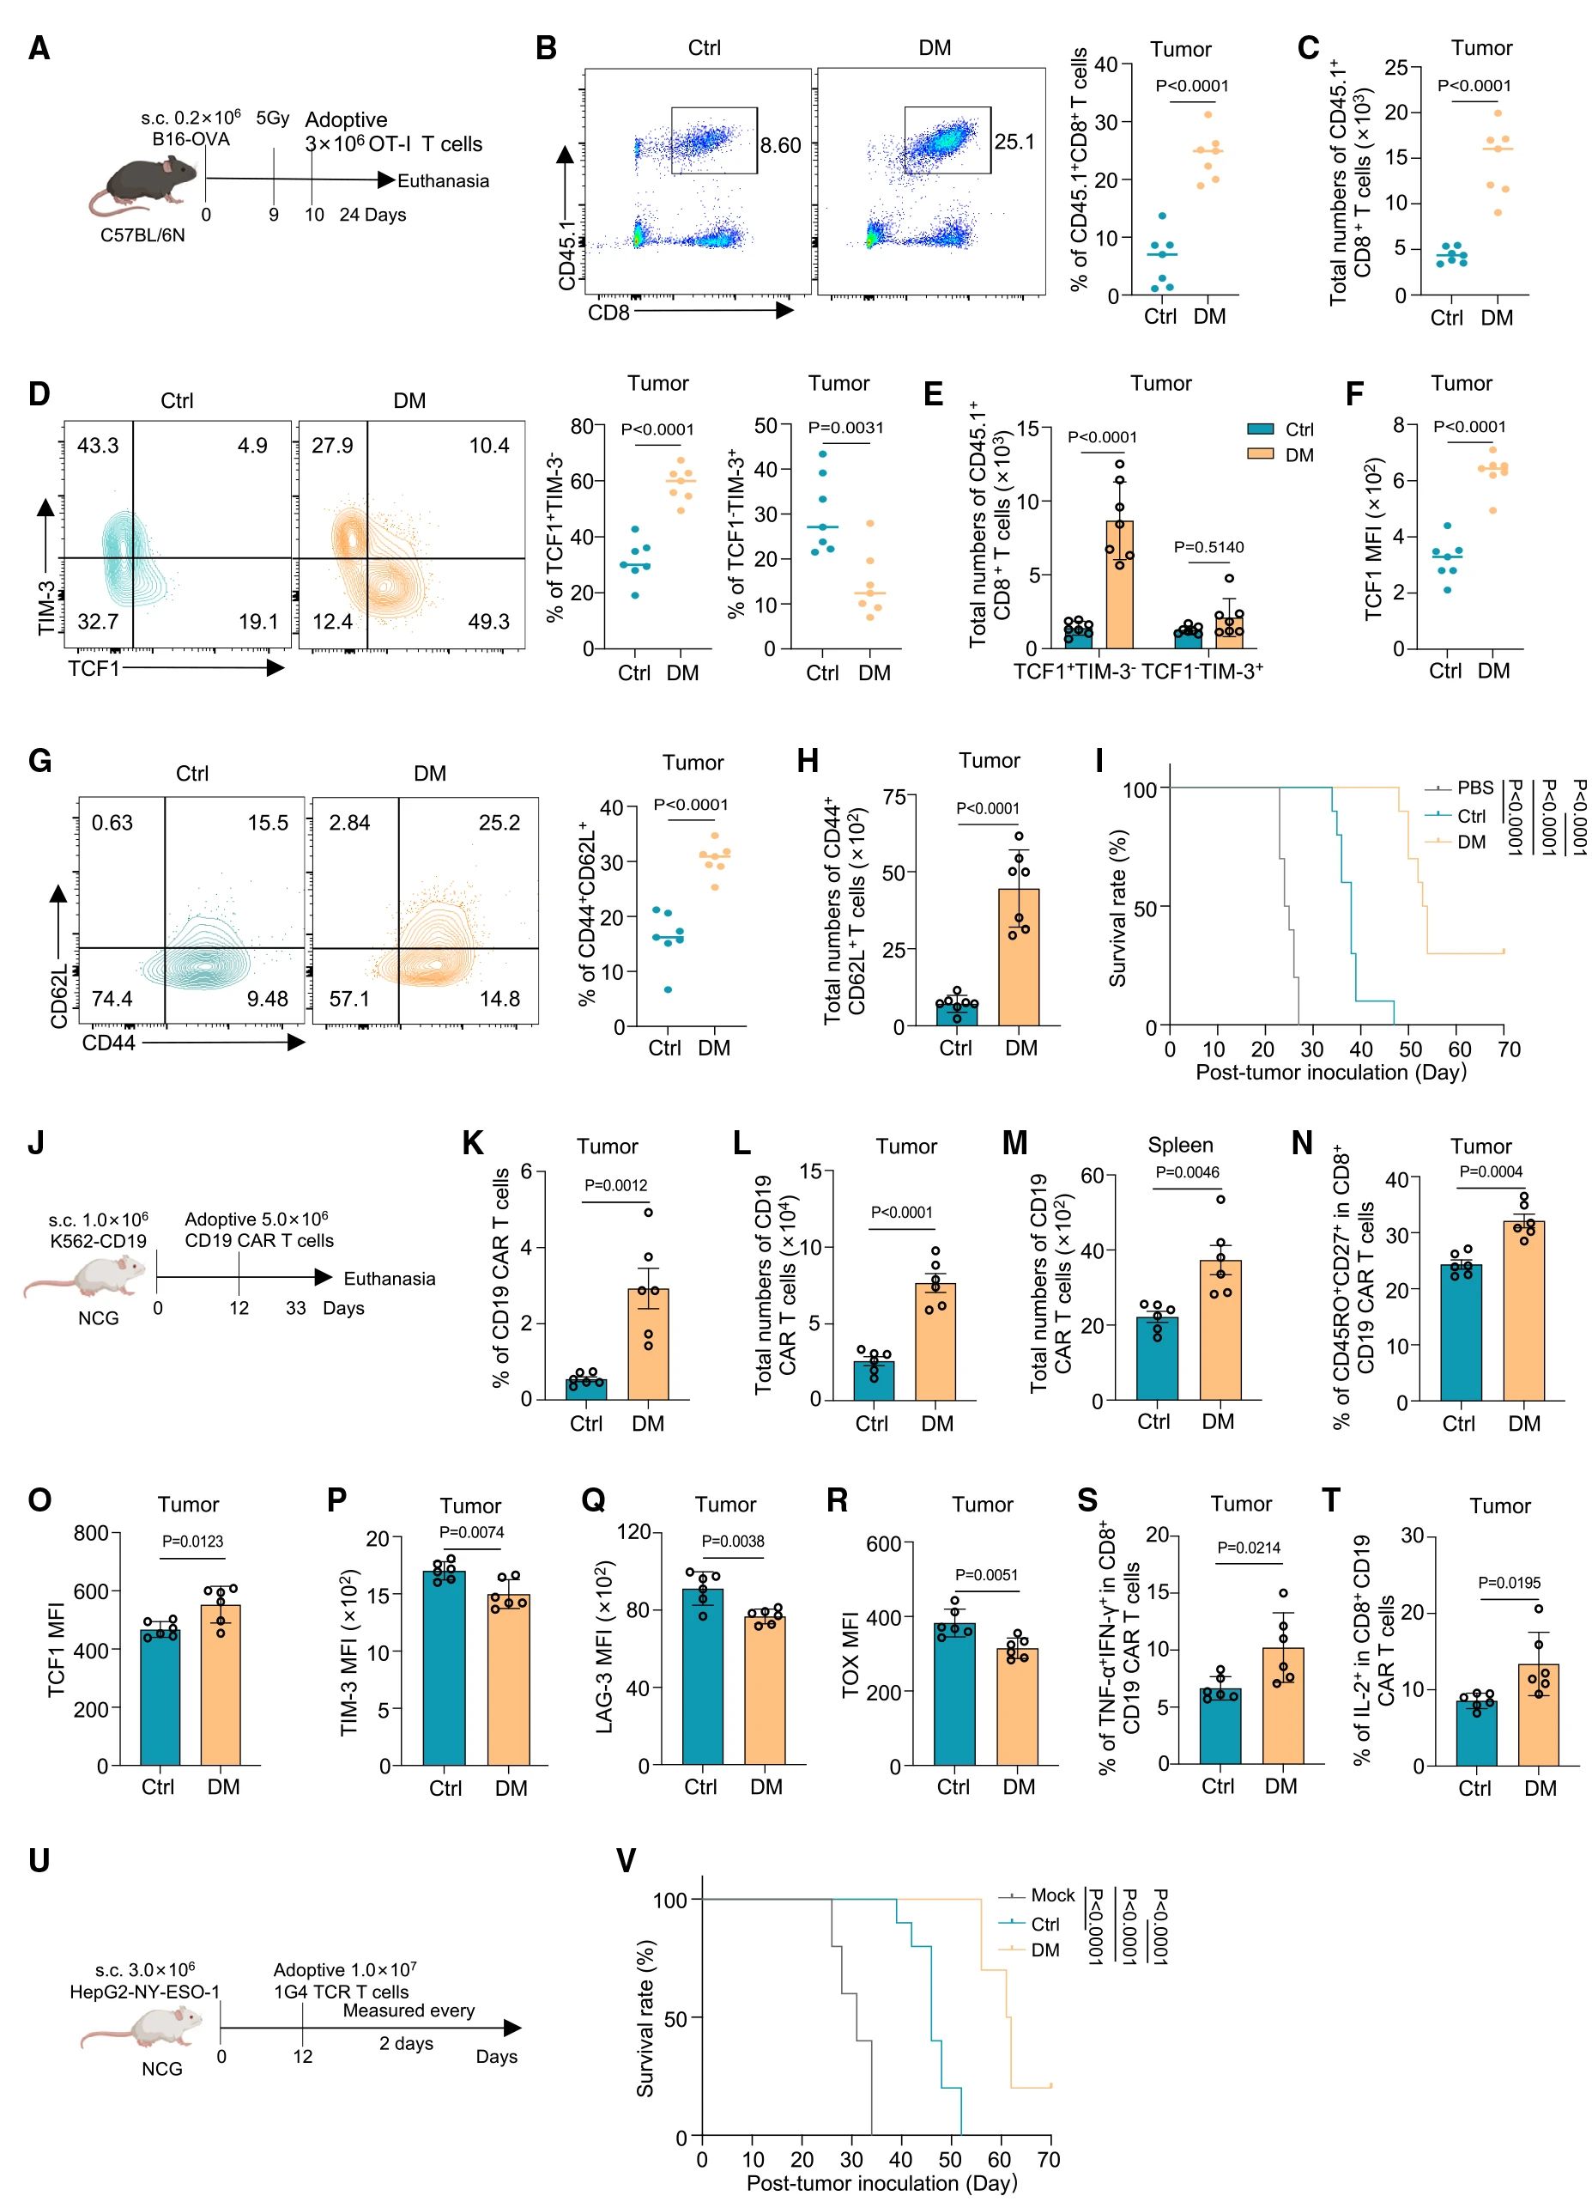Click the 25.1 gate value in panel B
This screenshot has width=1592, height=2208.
(1014, 143)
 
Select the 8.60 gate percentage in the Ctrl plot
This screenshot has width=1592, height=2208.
(780, 146)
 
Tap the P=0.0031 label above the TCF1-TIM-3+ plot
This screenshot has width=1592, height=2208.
(845, 428)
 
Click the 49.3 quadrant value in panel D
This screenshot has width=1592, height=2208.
(488, 621)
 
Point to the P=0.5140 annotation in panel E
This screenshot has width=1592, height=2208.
(1208, 547)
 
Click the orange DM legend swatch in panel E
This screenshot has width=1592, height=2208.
(1260, 454)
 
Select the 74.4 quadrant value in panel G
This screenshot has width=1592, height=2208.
(112, 999)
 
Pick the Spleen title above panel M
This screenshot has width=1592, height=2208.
(1180, 1145)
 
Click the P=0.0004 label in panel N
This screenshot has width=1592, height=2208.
(1492, 1171)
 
